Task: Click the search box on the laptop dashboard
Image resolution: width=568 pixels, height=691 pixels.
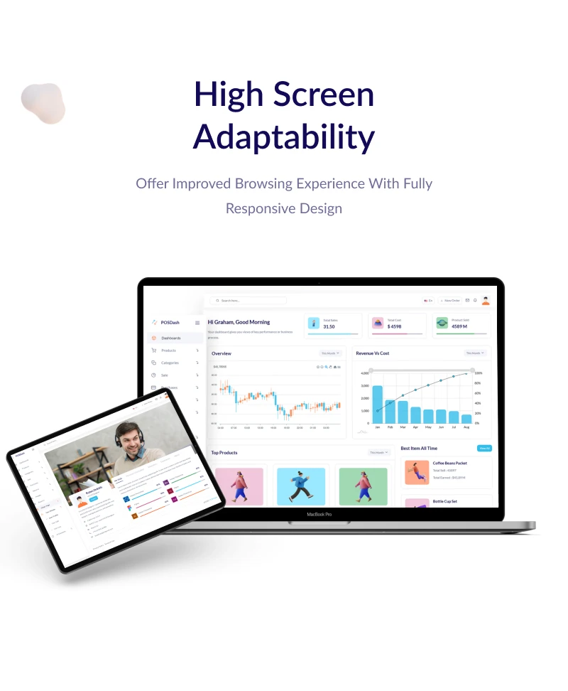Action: [x=248, y=301]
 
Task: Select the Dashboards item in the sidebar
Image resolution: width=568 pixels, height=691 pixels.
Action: [x=170, y=338]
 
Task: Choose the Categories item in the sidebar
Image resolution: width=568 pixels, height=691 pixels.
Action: [x=170, y=363]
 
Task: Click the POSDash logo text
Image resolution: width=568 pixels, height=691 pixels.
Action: [x=170, y=322]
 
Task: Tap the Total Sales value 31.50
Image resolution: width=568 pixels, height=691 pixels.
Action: [x=329, y=326]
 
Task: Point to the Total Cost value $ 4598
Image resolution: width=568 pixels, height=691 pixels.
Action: [x=395, y=326]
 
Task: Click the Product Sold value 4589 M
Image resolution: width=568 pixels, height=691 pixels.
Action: [x=459, y=326]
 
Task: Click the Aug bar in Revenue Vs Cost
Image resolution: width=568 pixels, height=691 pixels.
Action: [x=466, y=419]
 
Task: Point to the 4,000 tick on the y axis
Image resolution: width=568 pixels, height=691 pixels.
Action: [x=364, y=373]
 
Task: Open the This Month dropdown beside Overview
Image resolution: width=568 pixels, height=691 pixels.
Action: [x=331, y=353]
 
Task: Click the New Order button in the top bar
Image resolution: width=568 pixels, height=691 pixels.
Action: [x=450, y=301]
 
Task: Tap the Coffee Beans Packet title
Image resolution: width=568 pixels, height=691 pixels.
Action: [x=449, y=463]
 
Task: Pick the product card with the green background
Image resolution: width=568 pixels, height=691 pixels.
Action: [x=363, y=486]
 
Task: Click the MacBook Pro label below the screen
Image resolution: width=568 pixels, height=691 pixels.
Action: [x=319, y=514]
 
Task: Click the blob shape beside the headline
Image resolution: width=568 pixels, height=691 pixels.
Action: [x=43, y=104]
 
